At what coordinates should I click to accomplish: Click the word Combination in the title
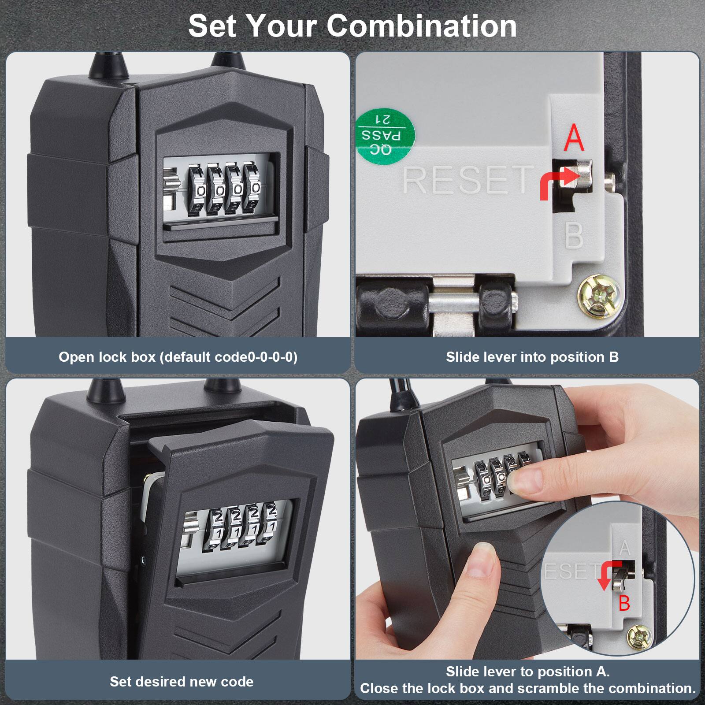click(x=422, y=26)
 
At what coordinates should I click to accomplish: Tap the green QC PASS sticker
click(x=385, y=134)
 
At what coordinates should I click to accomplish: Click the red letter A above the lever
click(x=574, y=137)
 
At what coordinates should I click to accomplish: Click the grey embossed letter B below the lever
click(x=574, y=236)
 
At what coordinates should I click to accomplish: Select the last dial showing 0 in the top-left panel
click(x=255, y=189)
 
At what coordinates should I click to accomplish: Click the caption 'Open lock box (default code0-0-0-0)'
click(x=178, y=357)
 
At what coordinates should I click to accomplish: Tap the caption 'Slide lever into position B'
click(x=532, y=357)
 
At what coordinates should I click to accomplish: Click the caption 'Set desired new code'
click(x=182, y=682)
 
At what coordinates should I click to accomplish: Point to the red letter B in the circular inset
click(x=624, y=603)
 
